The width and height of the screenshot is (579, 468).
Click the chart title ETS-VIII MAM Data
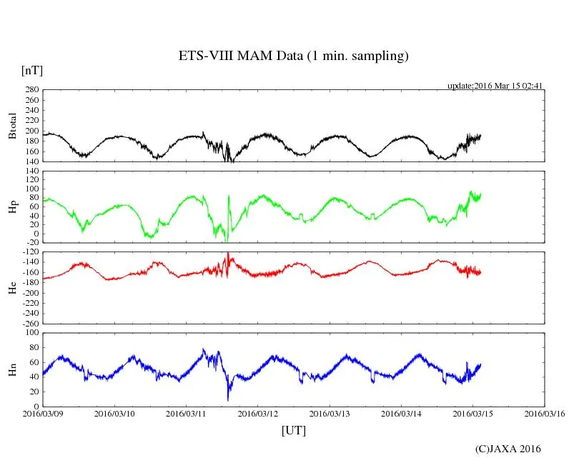click(x=293, y=56)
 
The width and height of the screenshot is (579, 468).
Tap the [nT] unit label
click(x=32, y=71)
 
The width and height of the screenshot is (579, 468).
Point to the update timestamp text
click(x=495, y=86)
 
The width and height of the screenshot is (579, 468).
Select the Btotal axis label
click(x=12, y=126)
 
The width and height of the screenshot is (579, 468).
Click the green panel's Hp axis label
click(x=12, y=207)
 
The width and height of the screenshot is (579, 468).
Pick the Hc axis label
click(x=12, y=287)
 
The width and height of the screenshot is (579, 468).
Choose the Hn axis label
click(x=12, y=369)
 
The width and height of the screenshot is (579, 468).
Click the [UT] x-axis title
click(x=294, y=431)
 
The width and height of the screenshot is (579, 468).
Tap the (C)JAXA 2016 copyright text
click(x=508, y=449)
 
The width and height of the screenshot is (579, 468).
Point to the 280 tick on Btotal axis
click(x=32, y=90)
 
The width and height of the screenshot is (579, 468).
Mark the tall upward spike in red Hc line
click(x=227, y=254)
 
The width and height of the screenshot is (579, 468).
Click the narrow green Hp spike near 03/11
click(x=229, y=196)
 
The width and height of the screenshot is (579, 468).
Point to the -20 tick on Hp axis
click(x=33, y=243)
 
